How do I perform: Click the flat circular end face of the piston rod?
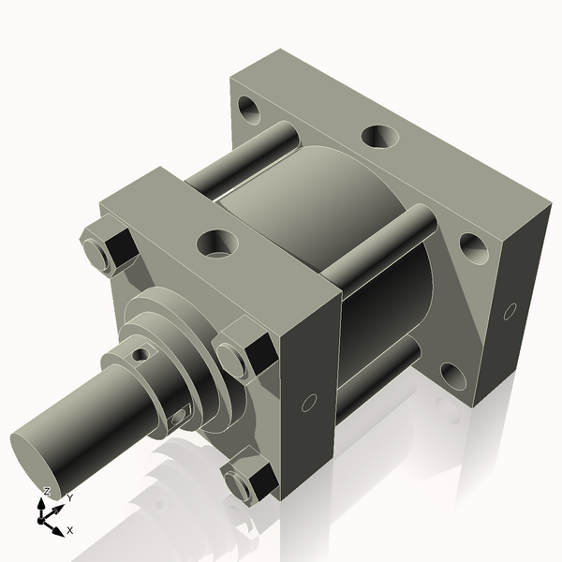pos(40,465)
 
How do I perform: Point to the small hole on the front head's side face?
pos(308,404)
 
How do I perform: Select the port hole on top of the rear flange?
pos(379,137)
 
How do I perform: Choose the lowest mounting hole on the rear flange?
pos(453,376)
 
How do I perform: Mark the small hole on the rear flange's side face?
pos(510,310)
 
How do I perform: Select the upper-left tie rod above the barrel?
pos(239,159)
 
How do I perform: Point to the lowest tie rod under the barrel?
pos(375,379)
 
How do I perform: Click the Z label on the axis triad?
pos(46,492)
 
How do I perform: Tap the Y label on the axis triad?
pos(69,498)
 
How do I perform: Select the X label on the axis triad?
pos(70,530)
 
